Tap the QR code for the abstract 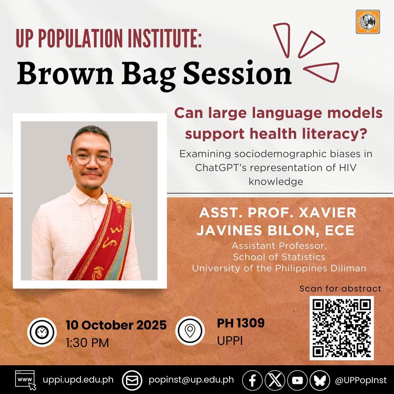[341, 328]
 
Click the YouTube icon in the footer [297, 380]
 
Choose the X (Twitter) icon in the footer [275, 380]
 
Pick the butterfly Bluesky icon [320, 380]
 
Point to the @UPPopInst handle [361, 380]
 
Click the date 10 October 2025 [116, 325]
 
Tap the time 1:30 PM [87, 343]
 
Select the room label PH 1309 [240, 323]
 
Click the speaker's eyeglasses [92, 159]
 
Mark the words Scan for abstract [340, 289]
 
